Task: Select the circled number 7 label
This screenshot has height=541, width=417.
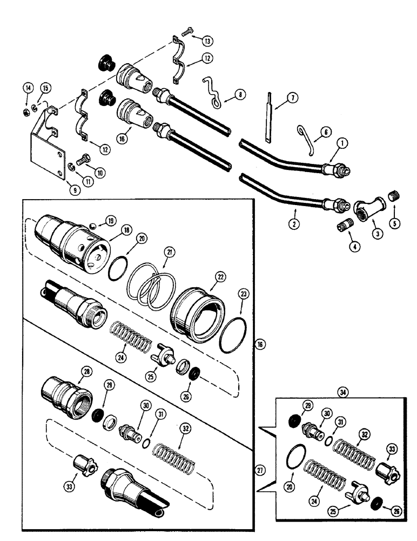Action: [x=292, y=98]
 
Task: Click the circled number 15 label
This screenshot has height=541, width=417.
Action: [x=45, y=88]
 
